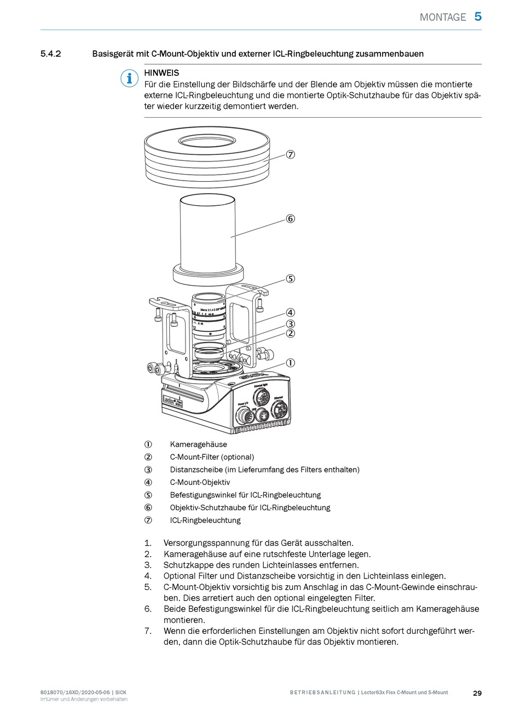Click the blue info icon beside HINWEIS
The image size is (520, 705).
pos(129,79)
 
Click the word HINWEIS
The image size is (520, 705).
pos(161,73)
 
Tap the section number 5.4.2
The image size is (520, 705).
pos(50,54)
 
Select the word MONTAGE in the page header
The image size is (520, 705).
pos(443,17)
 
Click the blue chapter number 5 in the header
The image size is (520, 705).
pos(478,16)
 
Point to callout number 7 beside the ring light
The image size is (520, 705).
pos(290,154)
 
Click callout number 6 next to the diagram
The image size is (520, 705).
pos(290,219)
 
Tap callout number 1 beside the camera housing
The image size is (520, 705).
pos(290,363)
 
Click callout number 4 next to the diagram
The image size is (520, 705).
pos(290,313)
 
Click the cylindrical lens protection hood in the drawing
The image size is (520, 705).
pos(208,235)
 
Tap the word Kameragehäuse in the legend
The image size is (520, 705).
pos(198,444)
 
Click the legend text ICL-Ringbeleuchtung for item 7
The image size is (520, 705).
pos(205,521)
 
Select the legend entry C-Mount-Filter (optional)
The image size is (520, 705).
pos(212,457)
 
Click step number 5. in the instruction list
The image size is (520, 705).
pos(148,587)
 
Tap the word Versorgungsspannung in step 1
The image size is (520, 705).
pos(207,544)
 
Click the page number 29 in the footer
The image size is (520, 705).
pos(477,693)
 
